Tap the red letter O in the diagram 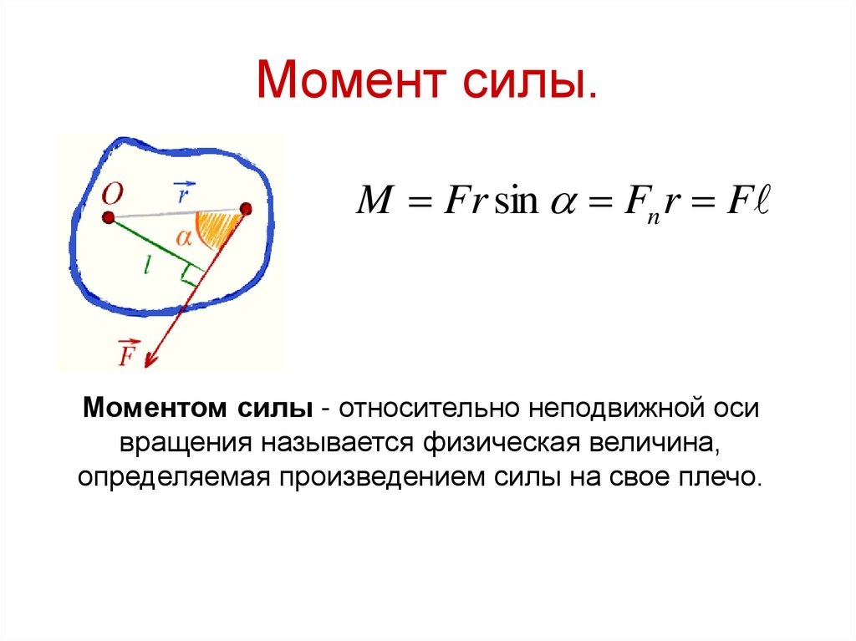113,194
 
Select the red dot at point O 108,217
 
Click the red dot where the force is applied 245,209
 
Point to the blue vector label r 182,195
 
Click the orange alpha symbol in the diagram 183,237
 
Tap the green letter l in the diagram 146,266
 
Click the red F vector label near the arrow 128,354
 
